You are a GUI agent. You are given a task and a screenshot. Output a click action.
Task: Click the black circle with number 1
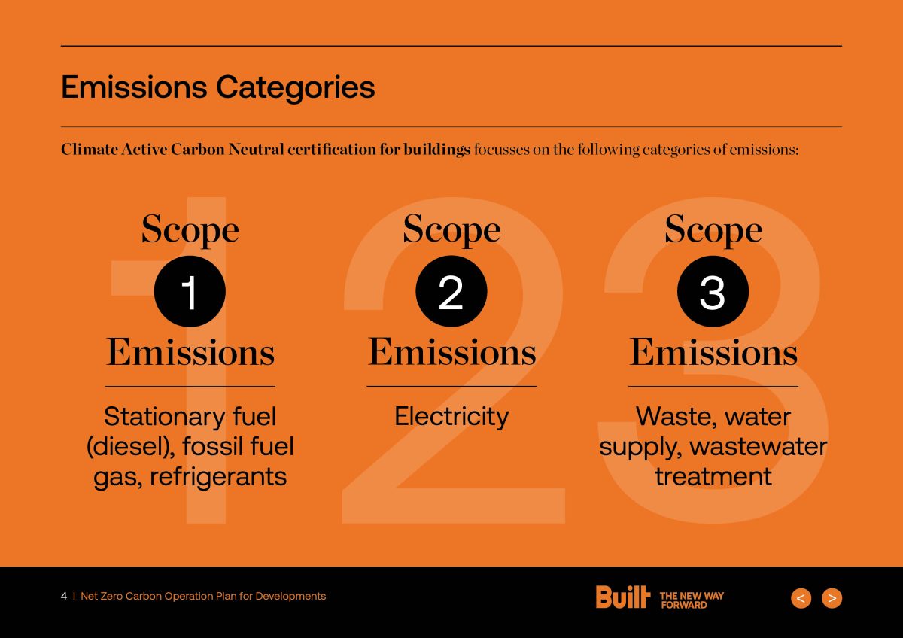(190, 291)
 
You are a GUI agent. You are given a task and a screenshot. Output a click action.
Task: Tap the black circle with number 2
(451, 291)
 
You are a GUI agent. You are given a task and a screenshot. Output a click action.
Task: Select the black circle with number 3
(713, 291)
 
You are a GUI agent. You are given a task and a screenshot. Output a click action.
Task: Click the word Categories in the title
(296, 88)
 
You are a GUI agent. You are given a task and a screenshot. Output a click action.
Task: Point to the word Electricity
(451, 417)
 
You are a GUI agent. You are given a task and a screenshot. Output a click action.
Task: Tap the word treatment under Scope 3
(713, 476)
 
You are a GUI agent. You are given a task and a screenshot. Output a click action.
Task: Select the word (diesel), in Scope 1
(131, 447)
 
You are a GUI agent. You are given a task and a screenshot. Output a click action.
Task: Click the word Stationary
(163, 417)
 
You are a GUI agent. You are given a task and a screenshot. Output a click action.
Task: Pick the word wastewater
(759, 447)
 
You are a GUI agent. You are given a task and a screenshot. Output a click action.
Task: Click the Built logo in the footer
(623, 597)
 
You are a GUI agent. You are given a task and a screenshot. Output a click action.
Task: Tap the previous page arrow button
(801, 598)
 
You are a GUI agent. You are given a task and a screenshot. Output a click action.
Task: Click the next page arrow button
(832, 598)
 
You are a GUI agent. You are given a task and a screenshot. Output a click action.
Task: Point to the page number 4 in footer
(64, 596)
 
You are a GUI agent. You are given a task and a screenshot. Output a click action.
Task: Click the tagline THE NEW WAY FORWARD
(692, 600)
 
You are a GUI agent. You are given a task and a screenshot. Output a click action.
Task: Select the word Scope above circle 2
(451, 229)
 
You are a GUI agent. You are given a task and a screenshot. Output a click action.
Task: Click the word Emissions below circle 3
(713, 352)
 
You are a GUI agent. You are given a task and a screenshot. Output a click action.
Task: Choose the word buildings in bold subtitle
(437, 150)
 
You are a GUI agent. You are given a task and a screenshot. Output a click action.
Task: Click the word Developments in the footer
(290, 597)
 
